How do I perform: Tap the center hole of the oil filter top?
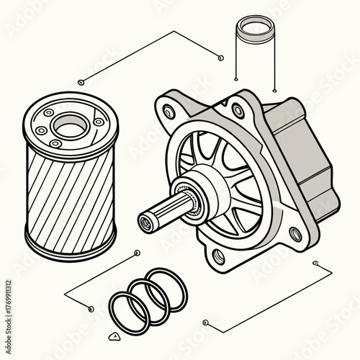69,128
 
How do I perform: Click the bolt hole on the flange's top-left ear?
169,111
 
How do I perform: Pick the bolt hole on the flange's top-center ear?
237,110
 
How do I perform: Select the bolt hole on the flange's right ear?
294,234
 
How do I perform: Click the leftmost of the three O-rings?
129,310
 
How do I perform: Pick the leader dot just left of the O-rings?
90,310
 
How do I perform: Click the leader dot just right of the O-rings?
205,322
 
